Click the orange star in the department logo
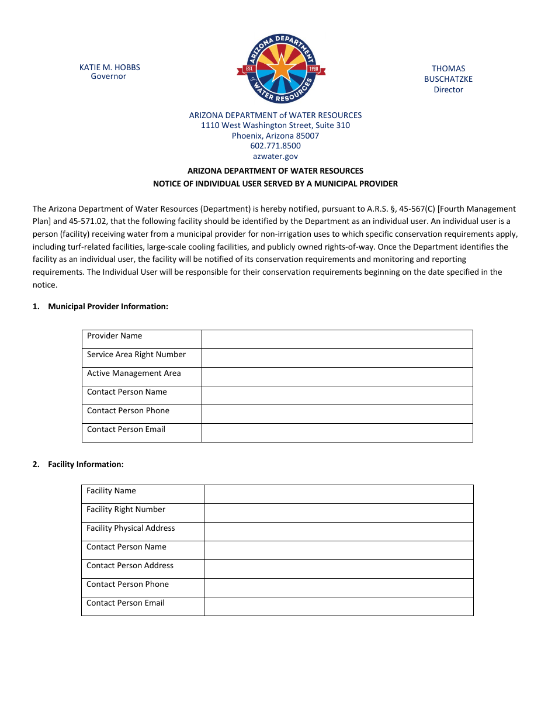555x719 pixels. click(281, 69)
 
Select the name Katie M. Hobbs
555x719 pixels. click(109, 67)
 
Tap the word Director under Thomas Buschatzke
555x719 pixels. click(448, 89)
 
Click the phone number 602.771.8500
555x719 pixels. click(275, 146)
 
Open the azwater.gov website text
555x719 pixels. click(275, 156)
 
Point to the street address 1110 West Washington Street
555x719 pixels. click(275, 125)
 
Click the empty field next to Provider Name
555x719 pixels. click(337, 339)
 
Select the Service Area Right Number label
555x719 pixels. click(136, 354)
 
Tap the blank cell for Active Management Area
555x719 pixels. click(337, 376)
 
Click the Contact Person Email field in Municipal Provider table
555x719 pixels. click(337, 433)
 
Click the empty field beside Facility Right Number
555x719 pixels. click(338, 513)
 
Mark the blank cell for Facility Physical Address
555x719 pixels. click(338, 531)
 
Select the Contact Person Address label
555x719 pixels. click(130, 565)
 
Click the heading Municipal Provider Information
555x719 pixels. click(108, 306)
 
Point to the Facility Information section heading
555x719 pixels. click(86, 464)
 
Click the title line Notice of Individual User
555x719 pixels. click(275, 184)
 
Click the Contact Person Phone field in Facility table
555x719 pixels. click(338, 587)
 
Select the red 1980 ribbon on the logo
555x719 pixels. click(314, 69)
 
